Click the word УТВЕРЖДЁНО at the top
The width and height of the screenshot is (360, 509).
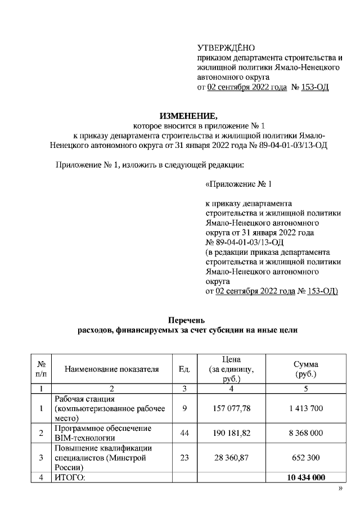tap(226, 48)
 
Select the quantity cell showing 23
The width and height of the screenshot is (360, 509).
tap(184, 458)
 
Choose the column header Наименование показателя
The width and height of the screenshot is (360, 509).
tap(111, 369)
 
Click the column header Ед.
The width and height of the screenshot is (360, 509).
tap(184, 369)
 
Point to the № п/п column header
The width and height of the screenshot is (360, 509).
tap(41, 369)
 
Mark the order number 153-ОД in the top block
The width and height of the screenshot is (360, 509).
tap(315, 88)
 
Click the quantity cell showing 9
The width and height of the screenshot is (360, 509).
tap(184, 408)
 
